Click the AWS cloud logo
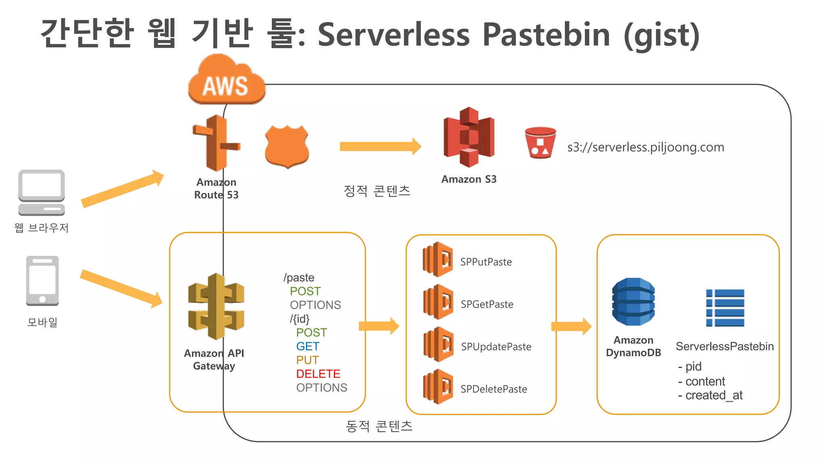[x=226, y=81]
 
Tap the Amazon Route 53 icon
[x=217, y=143]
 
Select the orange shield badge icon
[x=287, y=146]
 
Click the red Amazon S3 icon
[x=469, y=137]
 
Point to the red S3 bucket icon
[x=540, y=142]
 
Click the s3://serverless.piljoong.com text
[x=645, y=147]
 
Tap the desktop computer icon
[x=42, y=193]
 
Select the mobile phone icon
[x=42, y=281]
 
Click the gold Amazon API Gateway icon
[x=216, y=307]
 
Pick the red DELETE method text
[x=318, y=374]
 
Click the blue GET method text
[x=307, y=346]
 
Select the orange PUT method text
[x=307, y=360]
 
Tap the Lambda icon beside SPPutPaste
[x=438, y=260]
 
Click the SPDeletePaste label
[x=494, y=389]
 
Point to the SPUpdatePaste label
[x=496, y=347]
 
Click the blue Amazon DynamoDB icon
[x=633, y=302]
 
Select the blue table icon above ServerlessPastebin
[x=725, y=308]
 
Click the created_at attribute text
[x=713, y=395]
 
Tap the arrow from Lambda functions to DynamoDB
[x=571, y=326]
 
